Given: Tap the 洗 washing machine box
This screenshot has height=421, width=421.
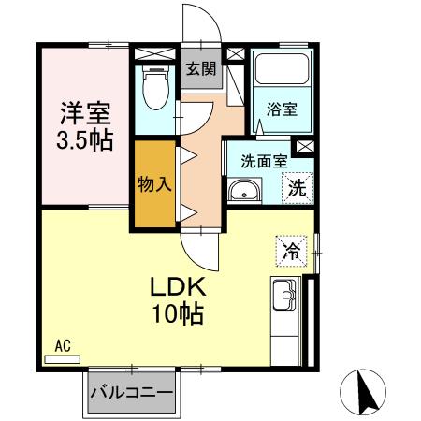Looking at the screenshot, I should [x=297, y=187].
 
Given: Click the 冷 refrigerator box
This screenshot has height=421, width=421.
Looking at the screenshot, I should [x=292, y=251].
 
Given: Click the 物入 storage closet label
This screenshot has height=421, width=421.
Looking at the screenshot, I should [x=155, y=183].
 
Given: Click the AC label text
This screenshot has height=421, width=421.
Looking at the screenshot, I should [x=63, y=345].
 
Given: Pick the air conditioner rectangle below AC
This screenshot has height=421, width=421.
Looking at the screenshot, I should [x=63, y=358].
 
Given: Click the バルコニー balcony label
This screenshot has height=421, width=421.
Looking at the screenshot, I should [x=132, y=394].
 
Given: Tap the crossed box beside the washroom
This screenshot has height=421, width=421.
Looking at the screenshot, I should [x=304, y=147].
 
